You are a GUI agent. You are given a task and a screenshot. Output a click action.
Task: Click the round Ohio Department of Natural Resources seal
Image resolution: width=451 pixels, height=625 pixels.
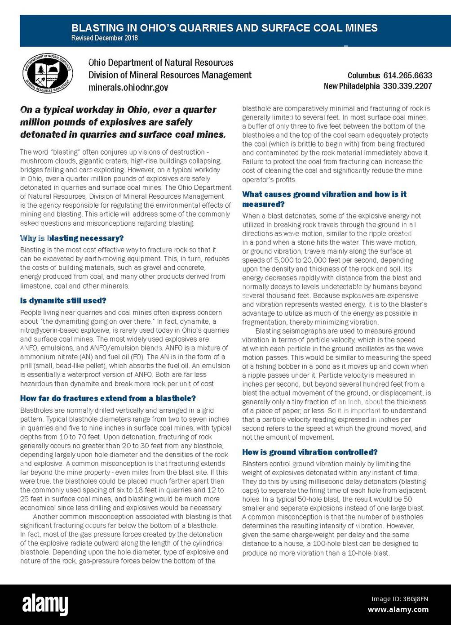[48, 74]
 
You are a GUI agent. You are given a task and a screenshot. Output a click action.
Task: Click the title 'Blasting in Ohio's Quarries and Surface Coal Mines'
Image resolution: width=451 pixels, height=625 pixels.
[224, 28]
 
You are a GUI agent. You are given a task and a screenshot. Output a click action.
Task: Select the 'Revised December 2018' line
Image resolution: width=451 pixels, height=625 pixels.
[104, 38]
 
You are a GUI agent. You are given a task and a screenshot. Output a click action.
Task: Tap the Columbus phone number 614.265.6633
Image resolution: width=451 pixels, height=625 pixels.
[407, 76]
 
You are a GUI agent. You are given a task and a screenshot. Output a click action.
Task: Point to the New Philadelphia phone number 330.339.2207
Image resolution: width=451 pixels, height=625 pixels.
[407, 86]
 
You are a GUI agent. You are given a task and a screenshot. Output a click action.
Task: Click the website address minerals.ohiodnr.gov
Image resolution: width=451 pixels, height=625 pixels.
[128, 87]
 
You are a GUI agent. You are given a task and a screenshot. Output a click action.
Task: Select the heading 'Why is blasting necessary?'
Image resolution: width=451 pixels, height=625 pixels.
[71, 238]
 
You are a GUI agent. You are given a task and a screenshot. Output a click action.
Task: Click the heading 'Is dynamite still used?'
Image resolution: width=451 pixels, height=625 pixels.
[63, 300]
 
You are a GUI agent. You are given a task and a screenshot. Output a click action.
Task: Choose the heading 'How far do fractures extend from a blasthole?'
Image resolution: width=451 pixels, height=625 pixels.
[108, 398]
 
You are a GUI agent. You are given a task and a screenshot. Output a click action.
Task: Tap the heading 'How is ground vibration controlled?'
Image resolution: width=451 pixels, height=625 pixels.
[310, 452]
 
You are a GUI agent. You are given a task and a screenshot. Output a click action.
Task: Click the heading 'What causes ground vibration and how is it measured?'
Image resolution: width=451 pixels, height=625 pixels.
[324, 199]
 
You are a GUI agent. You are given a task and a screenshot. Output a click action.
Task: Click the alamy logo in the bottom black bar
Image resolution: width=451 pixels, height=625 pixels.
[45, 604]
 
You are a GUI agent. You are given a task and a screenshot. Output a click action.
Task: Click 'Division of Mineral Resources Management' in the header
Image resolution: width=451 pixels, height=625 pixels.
[170, 75]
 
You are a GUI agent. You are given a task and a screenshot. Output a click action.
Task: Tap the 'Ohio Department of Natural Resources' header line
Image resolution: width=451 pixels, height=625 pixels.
[161, 62]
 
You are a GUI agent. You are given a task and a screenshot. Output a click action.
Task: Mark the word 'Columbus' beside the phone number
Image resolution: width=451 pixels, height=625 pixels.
[363, 76]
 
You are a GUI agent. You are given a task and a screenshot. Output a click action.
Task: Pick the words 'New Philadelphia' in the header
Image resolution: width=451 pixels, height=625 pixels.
[351, 86]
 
